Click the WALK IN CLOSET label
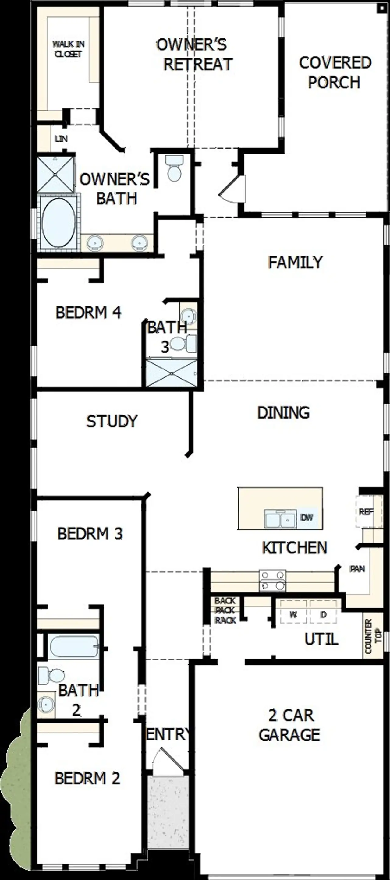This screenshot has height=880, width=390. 68,49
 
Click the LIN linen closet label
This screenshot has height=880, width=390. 61,139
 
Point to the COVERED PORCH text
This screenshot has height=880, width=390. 335,72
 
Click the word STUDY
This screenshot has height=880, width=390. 112,421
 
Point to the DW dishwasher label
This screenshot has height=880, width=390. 307,517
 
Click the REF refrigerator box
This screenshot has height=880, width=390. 366,511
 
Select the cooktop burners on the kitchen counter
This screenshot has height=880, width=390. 272,581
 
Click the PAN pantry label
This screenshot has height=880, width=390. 357,569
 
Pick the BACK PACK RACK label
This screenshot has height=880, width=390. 225,610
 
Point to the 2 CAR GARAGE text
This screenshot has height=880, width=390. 290,725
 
